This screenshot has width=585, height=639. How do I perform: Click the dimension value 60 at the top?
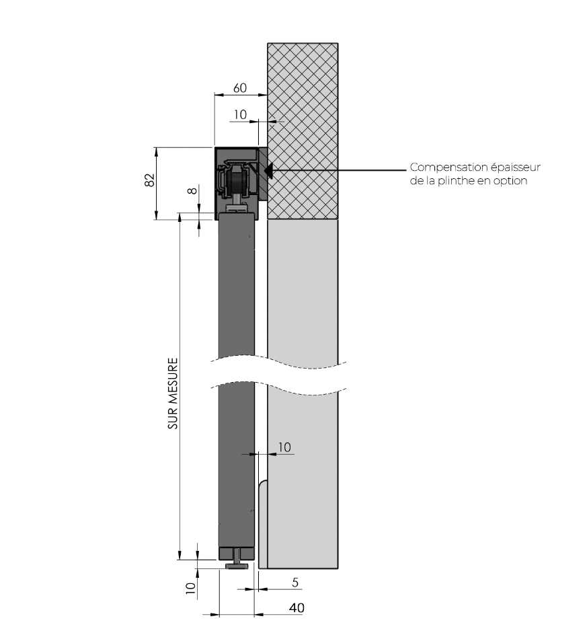pyautogui.click(x=240, y=87)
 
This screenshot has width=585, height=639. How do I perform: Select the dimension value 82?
pyautogui.click(x=150, y=180)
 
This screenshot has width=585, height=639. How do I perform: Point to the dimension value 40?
pyautogui.click(x=297, y=607)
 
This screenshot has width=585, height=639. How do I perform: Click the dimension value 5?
pyautogui.click(x=295, y=582)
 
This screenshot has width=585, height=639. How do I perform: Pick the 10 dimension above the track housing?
pyautogui.click(x=240, y=114)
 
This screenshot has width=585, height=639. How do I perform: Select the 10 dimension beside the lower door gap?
pyautogui.click(x=284, y=447)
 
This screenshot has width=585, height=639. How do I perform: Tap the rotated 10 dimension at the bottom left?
pyautogui.click(x=190, y=588)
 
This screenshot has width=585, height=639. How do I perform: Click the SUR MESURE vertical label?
pyautogui.click(x=173, y=393)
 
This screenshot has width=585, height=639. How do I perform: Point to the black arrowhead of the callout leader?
pyautogui.click(x=268, y=170)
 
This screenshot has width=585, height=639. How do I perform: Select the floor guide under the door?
pyautogui.click(x=237, y=560)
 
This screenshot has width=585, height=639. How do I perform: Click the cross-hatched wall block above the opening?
pyautogui.click(x=303, y=131)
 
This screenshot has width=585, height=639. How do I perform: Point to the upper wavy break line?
pyautogui.click(x=278, y=362)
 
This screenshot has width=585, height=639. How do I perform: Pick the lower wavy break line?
pyautogui.click(x=278, y=388)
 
